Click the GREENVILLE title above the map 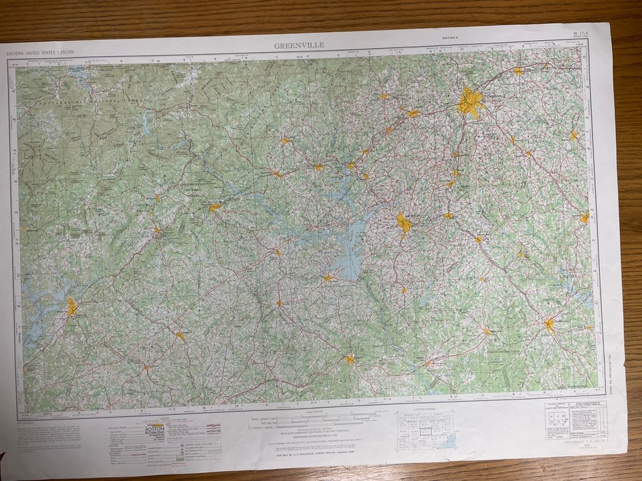click(x=299, y=45)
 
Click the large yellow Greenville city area click(x=470, y=104)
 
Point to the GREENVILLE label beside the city click(x=498, y=96)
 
